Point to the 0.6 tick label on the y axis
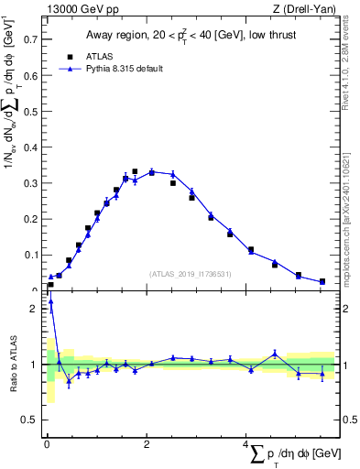click(x=31, y=76)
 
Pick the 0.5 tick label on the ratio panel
click(x=31, y=420)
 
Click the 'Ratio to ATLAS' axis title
click(x=12, y=365)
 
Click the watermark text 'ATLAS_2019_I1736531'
click(x=191, y=274)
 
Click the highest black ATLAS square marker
click(x=135, y=171)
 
